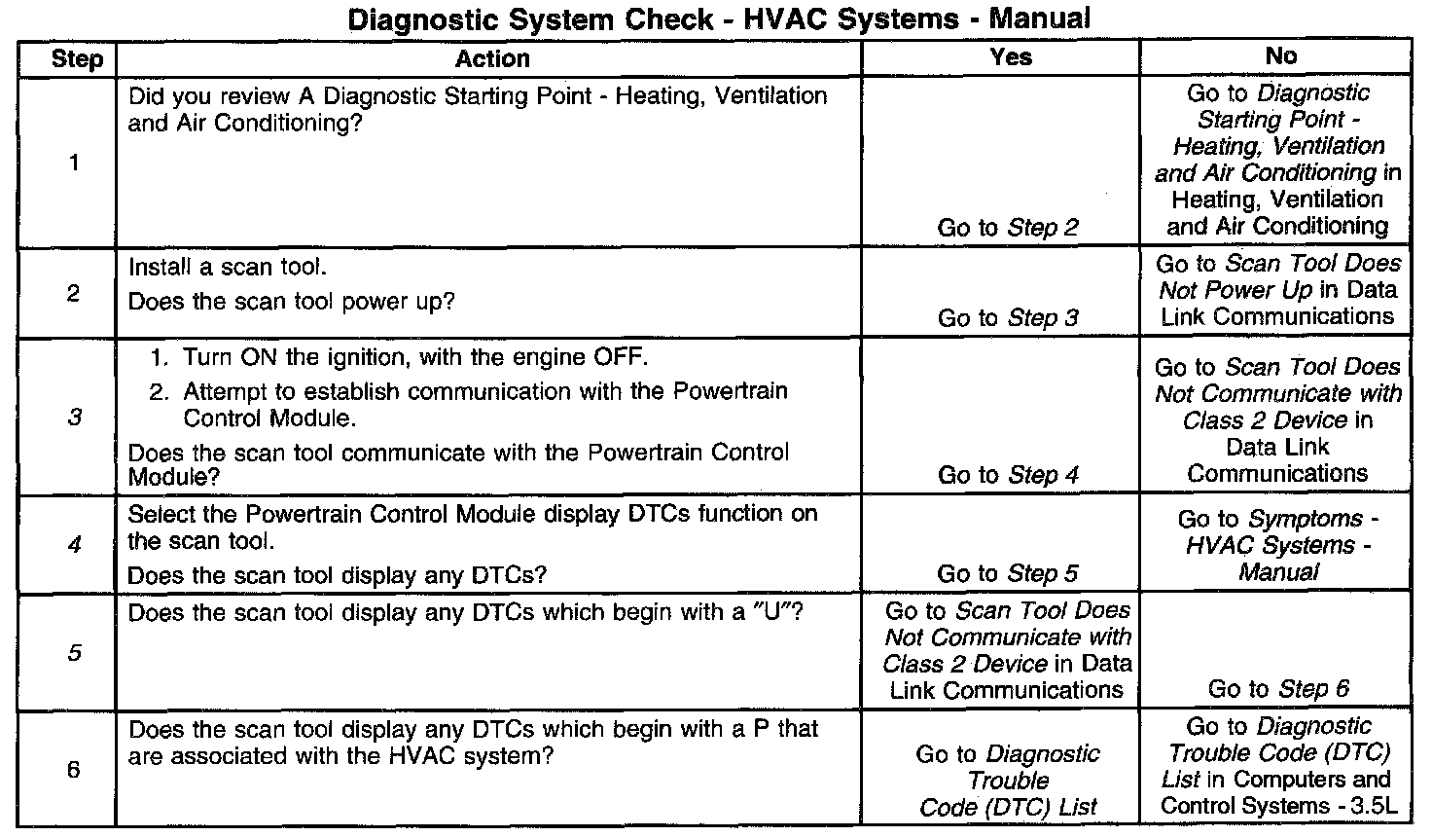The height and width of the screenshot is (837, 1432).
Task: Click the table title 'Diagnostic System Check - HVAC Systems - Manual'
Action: click(x=718, y=18)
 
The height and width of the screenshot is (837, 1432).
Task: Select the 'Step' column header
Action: click(x=77, y=58)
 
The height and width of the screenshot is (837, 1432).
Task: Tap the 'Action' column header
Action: click(x=492, y=58)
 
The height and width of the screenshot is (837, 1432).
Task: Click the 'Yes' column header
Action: click(x=1010, y=56)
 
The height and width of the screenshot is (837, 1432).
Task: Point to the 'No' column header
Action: click(x=1280, y=56)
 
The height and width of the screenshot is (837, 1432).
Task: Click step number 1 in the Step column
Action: click(x=75, y=163)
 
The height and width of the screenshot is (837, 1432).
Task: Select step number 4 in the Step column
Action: click(x=75, y=545)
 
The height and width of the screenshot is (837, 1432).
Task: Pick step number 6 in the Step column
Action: click(x=75, y=770)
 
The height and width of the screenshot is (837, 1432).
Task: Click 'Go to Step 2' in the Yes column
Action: click(x=1008, y=228)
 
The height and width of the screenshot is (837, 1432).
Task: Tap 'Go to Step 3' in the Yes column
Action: click(x=1008, y=318)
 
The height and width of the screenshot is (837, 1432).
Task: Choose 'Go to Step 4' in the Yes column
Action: click(x=1008, y=475)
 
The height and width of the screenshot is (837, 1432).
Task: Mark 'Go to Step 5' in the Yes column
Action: click(x=1008, y=574)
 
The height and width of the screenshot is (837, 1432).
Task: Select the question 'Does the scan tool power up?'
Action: click(x=291, y=302)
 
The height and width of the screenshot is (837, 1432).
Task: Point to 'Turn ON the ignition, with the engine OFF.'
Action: click(x=414, y=357)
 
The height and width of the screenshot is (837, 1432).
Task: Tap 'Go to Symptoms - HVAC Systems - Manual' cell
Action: click(x=1278, y=545)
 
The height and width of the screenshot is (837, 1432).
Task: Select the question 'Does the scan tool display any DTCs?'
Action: click(x=337, y=575)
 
